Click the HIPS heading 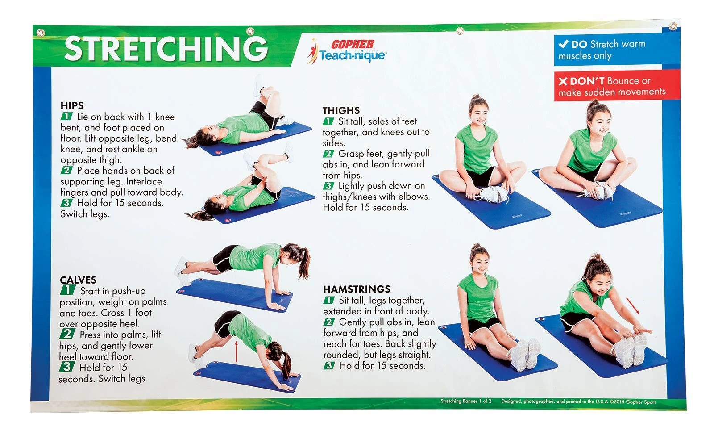click(x=72, y=105)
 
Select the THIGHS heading click(x=341, y=110)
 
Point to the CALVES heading click(x=78, y=280)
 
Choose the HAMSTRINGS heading click(x=357, y=289)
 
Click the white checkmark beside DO click(x=564, y=44)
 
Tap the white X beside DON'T click(x=563, y=81)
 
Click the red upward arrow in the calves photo click(x=236, y=351)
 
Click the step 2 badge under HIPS click(x=66, y=170)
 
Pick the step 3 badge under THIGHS click(x=328, y=186)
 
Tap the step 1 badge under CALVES click(x=67, y=291)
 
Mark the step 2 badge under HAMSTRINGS click(x=329, y=322)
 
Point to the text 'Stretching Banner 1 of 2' click(x=465, y=401)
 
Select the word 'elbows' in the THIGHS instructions click(x=415, y=197)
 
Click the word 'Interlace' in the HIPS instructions click(x=144, y=181)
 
